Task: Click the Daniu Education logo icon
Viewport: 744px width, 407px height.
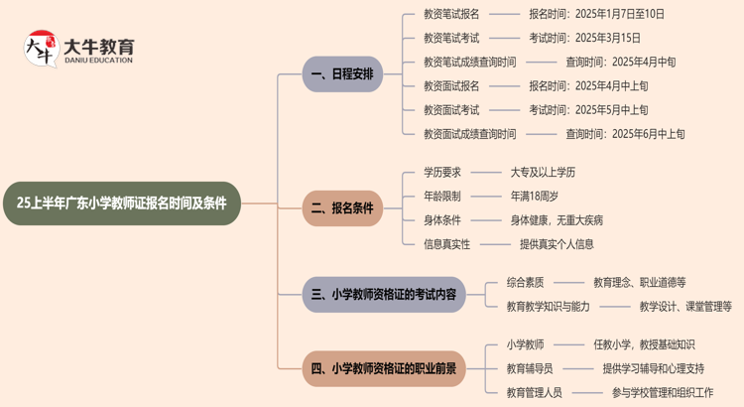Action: pos(40,49)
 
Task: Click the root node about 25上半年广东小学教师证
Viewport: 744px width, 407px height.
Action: pos(122,203)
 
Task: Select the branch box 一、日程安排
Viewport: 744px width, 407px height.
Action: pos(342,74)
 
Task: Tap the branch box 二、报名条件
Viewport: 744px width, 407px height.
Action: pos(342,207)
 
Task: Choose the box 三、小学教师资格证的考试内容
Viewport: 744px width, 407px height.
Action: pos(384,295)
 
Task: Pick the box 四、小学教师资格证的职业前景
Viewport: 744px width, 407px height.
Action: pos(384,368)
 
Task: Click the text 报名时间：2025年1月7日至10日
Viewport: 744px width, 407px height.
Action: pos(596,14)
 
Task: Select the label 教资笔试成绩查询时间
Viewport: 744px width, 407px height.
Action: pos(469,62)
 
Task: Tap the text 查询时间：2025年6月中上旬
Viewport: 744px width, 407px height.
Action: pos(625,134)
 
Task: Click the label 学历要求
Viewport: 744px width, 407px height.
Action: pos(442,172)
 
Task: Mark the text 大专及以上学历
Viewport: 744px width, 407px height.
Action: pos(543,172)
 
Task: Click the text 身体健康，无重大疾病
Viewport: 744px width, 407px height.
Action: pos(557,219)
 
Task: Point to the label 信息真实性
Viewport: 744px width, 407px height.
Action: pos(446,243)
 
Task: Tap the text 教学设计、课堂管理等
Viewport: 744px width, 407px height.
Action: pos(685,307)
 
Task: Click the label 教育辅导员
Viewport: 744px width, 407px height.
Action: pos(530,368)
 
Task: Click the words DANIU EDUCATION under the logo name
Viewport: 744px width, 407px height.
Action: pos(97,61)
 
